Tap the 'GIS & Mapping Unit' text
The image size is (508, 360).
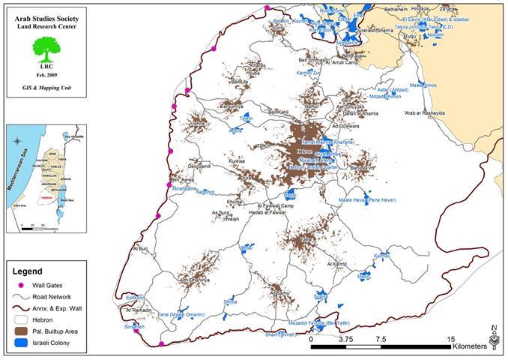(x=44, y=88)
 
